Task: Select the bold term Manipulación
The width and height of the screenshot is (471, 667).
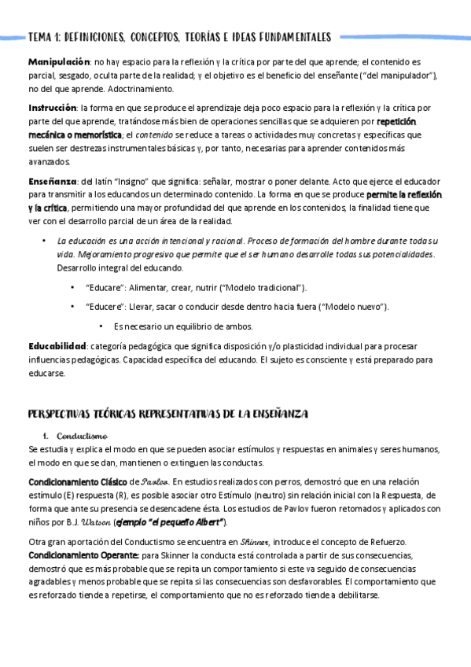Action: [x=58, y=61]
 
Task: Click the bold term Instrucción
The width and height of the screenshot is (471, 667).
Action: [x=53, y=107]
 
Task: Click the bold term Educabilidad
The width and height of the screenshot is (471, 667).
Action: [x=57, y=346]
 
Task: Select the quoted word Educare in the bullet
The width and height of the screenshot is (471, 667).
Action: [x=102, y=288]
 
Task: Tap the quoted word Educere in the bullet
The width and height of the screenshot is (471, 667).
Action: [x=103, y=307]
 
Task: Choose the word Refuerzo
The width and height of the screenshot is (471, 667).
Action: [x=374, y=541]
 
